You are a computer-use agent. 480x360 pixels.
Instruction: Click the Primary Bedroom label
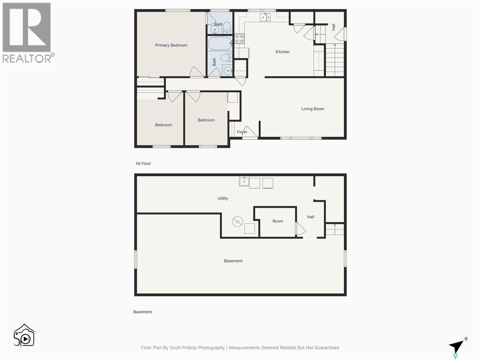click(171, 45)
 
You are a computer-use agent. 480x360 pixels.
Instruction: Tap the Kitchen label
click(282, 52)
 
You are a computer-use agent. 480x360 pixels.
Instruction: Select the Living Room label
click(313, 109)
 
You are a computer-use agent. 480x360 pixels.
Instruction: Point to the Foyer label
click(242, 132)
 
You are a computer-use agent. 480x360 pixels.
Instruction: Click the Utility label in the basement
click(223, 198)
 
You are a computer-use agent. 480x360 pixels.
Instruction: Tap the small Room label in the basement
click(277, 221)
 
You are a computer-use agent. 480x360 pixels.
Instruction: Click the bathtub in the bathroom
click(220, 43)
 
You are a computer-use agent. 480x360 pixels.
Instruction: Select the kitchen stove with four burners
click(239, 39)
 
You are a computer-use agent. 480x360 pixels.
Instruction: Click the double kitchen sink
click(265, 17)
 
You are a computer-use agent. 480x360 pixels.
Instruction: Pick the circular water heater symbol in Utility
click(237, 222)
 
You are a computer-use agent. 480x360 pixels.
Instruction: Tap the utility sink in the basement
click(244, 181)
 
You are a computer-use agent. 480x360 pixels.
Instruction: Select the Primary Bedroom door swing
click(196, 72)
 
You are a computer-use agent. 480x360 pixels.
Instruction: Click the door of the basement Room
click(300, 229)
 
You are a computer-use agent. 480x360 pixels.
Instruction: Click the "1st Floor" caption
click(143, 163)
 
